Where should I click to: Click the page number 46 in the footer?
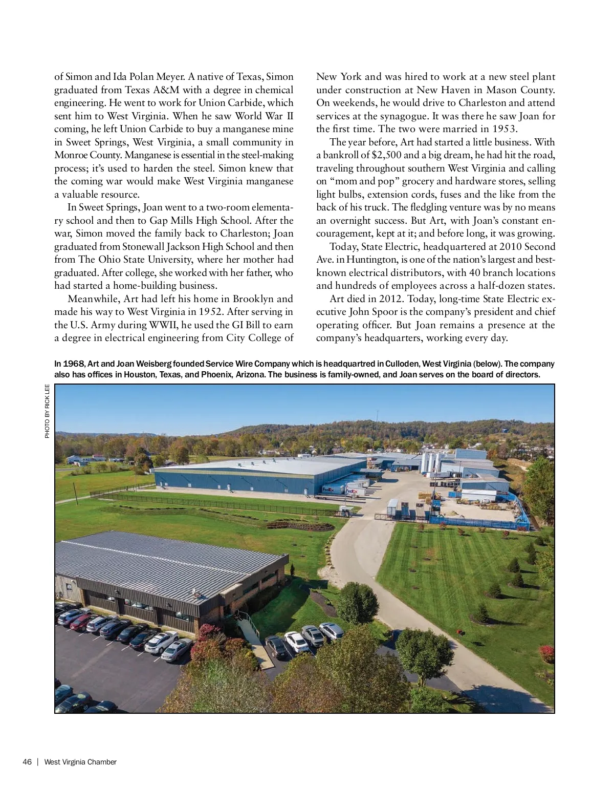tap(27, 762)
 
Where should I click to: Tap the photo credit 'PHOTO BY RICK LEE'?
tap(47, 411)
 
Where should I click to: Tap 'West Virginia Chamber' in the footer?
tap(80, 762)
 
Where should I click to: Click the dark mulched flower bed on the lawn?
tap(300, 525)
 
